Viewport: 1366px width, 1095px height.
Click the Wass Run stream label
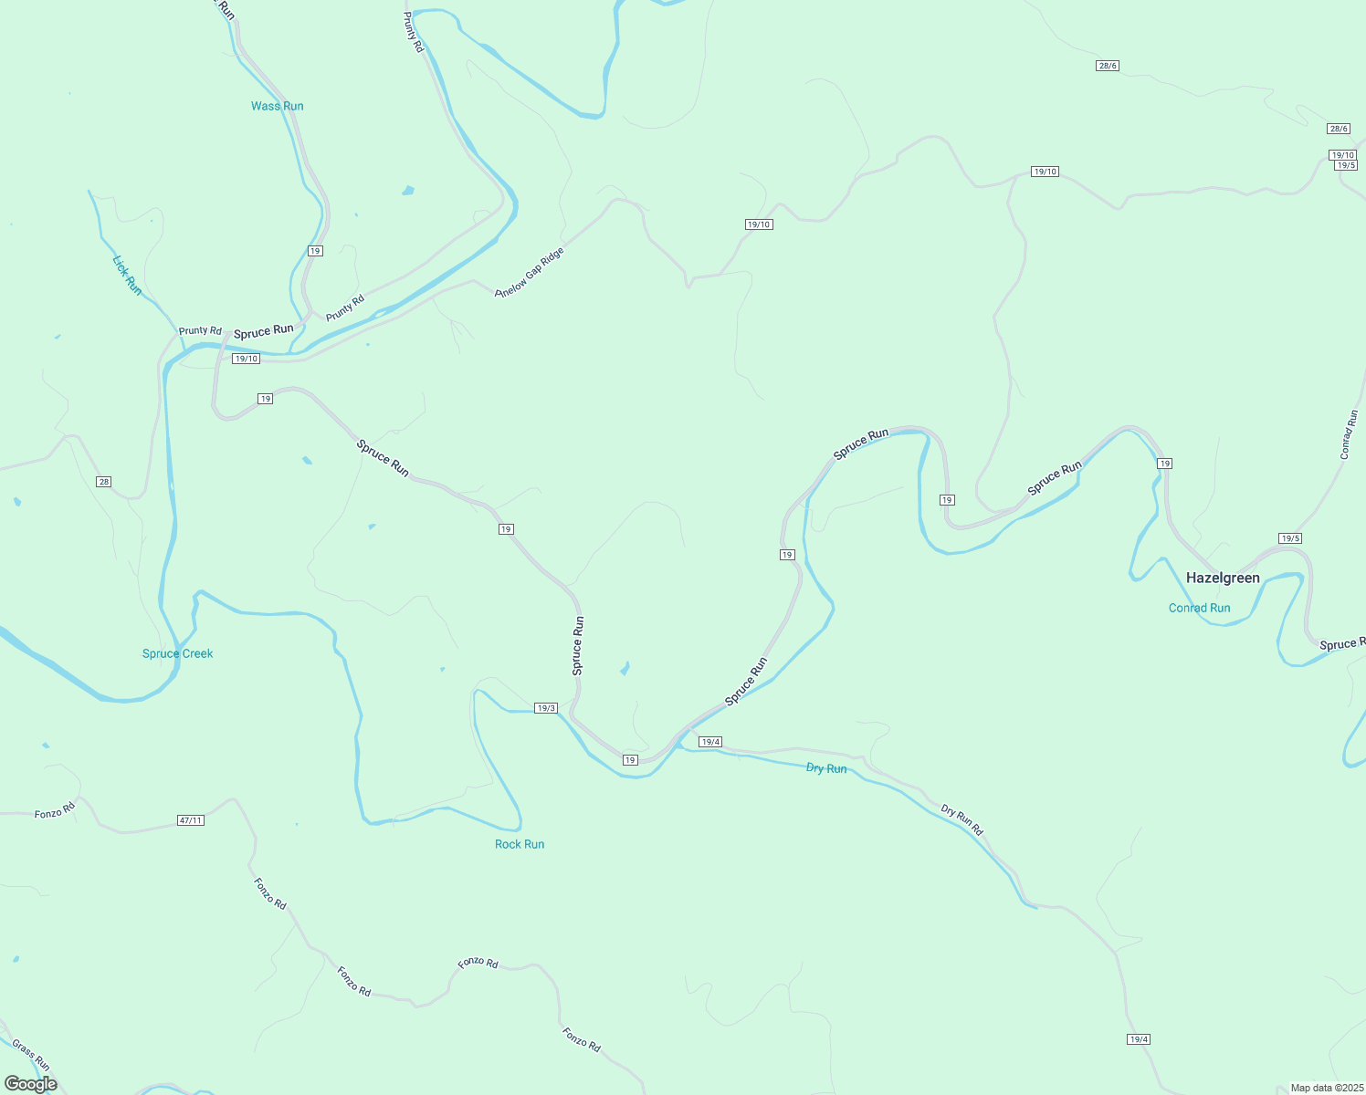click(277, 106)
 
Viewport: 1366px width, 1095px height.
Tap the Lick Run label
click(127, 275)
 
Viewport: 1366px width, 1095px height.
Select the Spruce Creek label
click(177, 653)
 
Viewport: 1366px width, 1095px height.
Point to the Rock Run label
click(520, 844)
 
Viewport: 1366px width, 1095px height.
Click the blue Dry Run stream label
click(826, 768)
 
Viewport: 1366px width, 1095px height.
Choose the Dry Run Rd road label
click(961, 819)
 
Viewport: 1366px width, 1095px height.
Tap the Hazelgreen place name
click(1223, 578)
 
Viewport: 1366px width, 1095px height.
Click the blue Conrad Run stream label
click(1199, 608)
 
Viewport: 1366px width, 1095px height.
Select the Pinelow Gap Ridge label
click(530, 272)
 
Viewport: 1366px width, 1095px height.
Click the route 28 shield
click(104, 482)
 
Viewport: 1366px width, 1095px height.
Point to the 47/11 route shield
click(190, 820)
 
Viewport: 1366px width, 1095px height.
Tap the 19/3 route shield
click(545, 708)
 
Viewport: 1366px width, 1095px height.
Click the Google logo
click(30, 1084)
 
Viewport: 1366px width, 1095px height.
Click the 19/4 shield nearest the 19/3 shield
click(709, 742)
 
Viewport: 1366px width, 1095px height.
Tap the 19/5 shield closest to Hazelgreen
click(1289, 538)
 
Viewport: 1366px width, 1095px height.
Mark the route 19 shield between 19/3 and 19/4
click(629, 760)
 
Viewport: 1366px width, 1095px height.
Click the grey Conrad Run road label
click(1350, 435)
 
